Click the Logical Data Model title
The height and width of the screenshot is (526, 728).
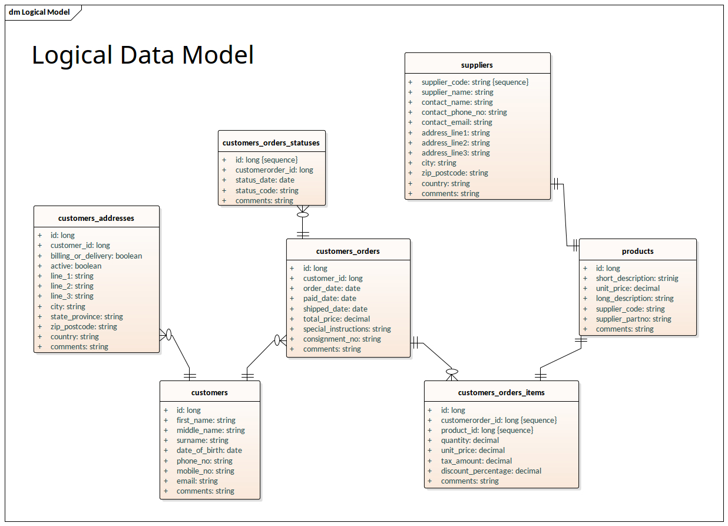tap(143, 55)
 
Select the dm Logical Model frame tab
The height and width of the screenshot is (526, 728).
tap(39, 12)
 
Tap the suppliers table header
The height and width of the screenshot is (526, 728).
tap(477, 65)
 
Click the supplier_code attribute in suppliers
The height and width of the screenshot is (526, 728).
tap(475, 82)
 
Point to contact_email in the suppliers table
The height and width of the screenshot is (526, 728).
tap(456, 123)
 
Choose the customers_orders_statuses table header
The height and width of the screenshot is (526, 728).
tap(271, 143)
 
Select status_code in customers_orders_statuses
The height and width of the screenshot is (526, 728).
tap(267, 190)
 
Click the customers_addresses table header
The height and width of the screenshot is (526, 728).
tap(96, 218)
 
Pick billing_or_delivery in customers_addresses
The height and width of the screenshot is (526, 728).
tap(96, 256)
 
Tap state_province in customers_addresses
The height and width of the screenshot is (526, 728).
tap(87, 316)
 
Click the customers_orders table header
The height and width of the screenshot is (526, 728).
tap(348, 251)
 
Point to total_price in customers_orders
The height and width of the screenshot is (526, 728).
tap(336, 319)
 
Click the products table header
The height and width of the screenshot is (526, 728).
tap(637, 251)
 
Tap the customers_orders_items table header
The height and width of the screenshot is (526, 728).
tap(501, 392)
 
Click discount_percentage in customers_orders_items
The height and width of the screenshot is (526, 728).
tap(491, 471)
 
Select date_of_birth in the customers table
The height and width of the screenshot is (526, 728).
tap(209, 450)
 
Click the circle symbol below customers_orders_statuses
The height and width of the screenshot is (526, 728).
tap(303, 215)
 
